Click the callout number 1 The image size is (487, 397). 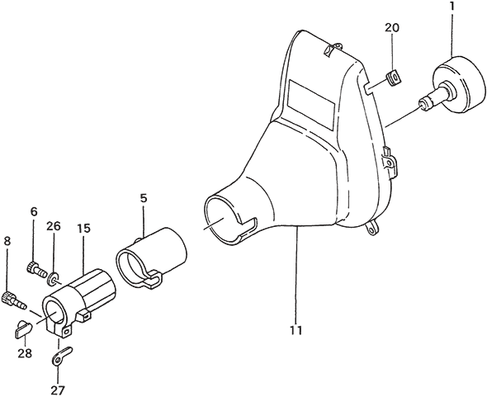452,7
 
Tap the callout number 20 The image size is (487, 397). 392,27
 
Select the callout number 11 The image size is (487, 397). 296,330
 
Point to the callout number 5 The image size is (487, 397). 143,198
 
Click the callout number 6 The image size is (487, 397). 34,212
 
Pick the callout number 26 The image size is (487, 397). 54,226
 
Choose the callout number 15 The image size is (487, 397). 83,229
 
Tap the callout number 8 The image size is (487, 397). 7,241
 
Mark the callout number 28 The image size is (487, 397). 25,353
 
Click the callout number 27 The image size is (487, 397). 58,390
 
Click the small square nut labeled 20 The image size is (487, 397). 394,78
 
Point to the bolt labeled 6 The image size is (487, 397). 35,269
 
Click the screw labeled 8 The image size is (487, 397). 15,300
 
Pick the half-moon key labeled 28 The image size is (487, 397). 23,328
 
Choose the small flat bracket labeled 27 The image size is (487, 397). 62,356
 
